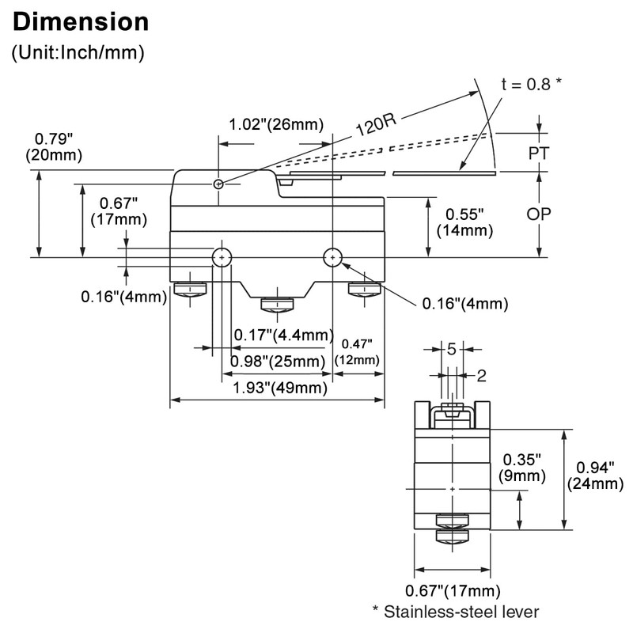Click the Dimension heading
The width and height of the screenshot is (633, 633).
coord(81,22)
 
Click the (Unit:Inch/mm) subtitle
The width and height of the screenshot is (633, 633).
coord(78,52)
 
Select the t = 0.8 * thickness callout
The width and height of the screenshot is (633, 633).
coord(531,84)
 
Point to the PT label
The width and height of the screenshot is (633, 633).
coord(539,154)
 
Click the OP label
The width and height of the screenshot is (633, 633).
coord(539,214)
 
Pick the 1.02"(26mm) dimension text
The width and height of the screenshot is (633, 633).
coord(276,124)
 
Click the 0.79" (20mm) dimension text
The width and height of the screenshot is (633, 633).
coord(54,147)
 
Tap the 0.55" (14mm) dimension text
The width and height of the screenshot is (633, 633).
coord(464,222)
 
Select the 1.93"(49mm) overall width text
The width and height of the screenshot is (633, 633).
coord(280,388)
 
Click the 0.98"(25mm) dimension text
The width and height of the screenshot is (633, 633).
coord(278,362)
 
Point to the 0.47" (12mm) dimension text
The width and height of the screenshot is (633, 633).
coord(357,352)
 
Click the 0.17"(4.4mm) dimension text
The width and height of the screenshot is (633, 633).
coord(284,335)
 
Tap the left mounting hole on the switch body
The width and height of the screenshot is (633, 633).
coord(222,258)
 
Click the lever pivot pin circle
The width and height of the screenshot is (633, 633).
coord(218,184)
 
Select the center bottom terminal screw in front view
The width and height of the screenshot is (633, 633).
coord(277,305)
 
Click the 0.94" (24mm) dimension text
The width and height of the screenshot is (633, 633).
coord(596,476)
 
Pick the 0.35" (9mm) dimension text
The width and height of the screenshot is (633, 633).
coord(522,468)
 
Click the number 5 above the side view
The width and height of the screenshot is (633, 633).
coord(452,349)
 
